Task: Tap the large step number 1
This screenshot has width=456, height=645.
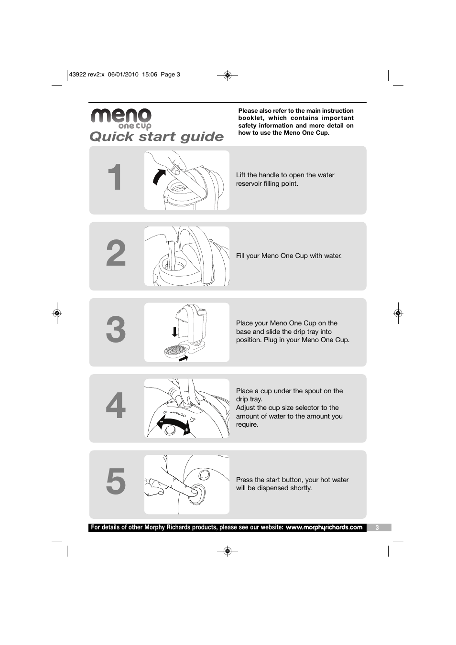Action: tap(115, 177)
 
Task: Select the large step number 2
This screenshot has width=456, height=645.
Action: tap(116, 253)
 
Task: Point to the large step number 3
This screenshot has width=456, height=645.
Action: tap(116, 329)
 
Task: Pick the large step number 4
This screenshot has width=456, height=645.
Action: tap(116, 406)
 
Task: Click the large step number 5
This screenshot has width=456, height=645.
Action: tap(116, 482)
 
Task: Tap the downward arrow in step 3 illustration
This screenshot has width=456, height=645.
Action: tap(174, 332)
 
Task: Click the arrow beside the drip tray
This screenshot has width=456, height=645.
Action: tap(183, 358)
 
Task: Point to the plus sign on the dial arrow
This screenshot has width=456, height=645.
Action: tap(187, 430)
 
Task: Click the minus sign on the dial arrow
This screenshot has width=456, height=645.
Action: tap(161, 422)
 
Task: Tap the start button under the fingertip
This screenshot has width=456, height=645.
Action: tap(197, 494)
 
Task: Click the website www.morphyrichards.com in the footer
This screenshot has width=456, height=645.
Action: tap(324, 527)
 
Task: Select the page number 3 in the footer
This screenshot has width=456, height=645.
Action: tap(377, 528)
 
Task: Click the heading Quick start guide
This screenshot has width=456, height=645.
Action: tap(156, 137)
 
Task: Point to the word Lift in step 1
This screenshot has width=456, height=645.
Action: tap(241, 175)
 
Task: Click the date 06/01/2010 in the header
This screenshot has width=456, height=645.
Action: tap(123, 74)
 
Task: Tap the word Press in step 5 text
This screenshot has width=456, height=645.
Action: tap(244, 480)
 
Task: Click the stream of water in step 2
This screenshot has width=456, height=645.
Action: tap(171, 256)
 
